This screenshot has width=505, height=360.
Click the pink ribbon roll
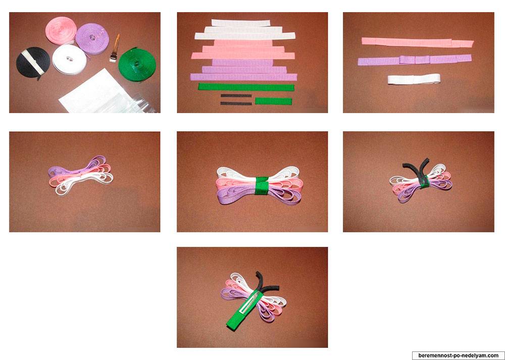61,30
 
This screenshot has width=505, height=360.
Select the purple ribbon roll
92,38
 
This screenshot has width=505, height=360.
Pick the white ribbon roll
69,60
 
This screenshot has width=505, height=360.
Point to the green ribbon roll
137,65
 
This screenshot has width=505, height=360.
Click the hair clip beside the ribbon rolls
115,48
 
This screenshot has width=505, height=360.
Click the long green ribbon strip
246,87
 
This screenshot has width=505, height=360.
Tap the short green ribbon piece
273,101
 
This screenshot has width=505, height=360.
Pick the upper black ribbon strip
236,95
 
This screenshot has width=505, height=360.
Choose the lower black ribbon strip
236,104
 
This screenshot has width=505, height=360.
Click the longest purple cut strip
243,77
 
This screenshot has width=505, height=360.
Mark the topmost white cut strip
240,23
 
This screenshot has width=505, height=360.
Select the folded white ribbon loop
414,79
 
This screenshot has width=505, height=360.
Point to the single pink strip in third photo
418,42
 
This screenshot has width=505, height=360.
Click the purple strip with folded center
415,60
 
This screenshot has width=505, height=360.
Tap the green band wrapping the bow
262,185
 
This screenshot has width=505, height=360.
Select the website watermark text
459,355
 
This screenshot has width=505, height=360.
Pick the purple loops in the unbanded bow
78,166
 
